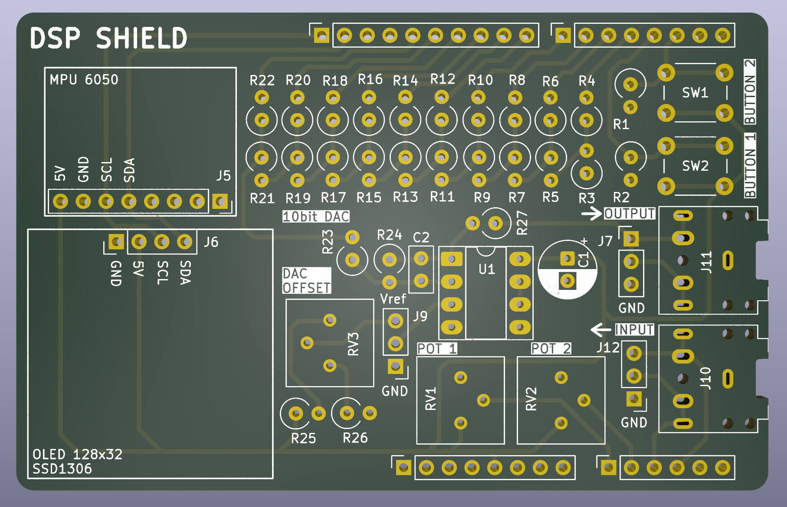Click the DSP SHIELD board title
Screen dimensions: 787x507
coord(108,38)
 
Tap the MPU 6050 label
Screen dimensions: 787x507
coord(84,80)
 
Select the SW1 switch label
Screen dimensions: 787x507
coord(695,92)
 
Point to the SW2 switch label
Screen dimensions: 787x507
coord(695,166)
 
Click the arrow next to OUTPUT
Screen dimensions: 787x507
coord(591,213)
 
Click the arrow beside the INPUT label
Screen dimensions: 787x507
coord(601,330)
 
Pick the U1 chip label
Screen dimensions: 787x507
coord(486,269)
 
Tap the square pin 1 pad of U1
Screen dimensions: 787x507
coord(452,259)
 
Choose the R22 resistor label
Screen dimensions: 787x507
coord(262,80)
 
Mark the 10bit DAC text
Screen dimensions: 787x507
coord(316,216)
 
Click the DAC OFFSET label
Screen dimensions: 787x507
coord(306,281)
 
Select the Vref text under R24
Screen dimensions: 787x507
coord(393,299)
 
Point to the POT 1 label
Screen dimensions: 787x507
coord(437,348)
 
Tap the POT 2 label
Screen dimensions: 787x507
coord(551,348)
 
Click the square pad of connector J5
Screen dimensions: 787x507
coord(220,201)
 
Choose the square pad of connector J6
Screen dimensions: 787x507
coord(116,241)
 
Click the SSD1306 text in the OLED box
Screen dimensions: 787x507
coord(62,468)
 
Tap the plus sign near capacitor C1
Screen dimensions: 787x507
coord(584,241)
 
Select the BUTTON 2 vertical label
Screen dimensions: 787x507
coord(750,92)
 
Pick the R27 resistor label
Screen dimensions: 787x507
coord(522,223)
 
